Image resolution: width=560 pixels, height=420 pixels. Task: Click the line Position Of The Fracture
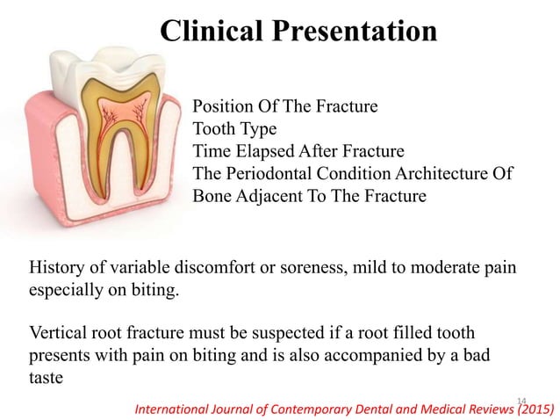(x=284, y=107)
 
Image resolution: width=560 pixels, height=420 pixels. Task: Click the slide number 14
(x=523, y=400)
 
